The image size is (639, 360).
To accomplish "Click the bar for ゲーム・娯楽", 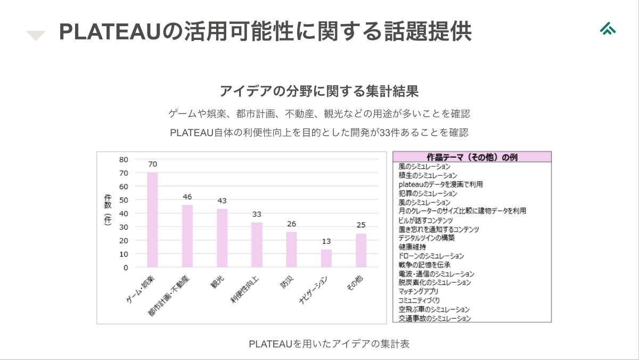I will tap(152, 219).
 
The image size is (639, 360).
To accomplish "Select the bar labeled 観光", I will tap(222, 238).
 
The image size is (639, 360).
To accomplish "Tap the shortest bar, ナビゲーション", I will tap(326, 258).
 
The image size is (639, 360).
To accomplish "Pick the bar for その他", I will tap(361, 250).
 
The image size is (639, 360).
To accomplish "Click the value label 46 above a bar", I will tap(187, 197).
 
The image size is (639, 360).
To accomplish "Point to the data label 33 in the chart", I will tap(257, 214).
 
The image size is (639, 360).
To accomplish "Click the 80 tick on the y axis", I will tap(124, 159).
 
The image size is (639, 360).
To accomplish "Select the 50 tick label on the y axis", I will tap(124, 200).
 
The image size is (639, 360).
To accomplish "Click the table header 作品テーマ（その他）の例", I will tap(472, 157).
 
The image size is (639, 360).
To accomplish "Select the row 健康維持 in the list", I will tap(412, 247).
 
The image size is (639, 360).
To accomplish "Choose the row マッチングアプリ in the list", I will tap(419, 291).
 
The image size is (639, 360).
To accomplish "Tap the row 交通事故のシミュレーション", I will tap(435, 318).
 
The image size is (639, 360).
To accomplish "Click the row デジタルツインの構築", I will tap(427, 238).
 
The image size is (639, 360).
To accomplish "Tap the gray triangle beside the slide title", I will tap(36, 36).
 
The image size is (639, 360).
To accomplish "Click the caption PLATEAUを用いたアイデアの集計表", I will tap(329, 344).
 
